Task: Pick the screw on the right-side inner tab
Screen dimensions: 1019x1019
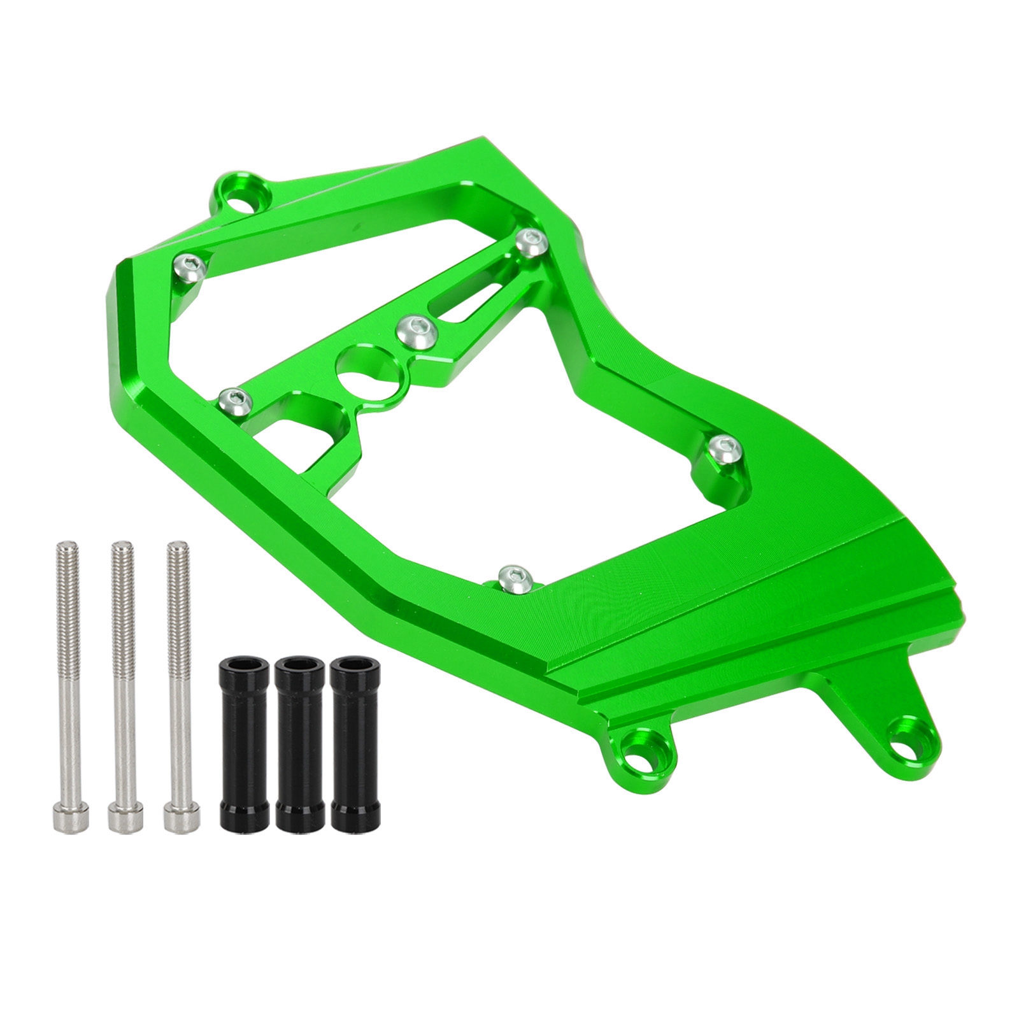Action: (x=722, y=450)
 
